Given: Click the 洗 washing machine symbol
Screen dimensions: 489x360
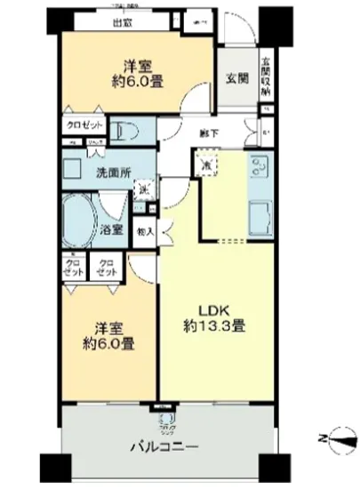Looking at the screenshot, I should pyautogui.click(x=141, y=188).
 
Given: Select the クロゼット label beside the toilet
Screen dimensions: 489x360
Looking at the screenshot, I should pyautogui.click(x=84, y=125).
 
